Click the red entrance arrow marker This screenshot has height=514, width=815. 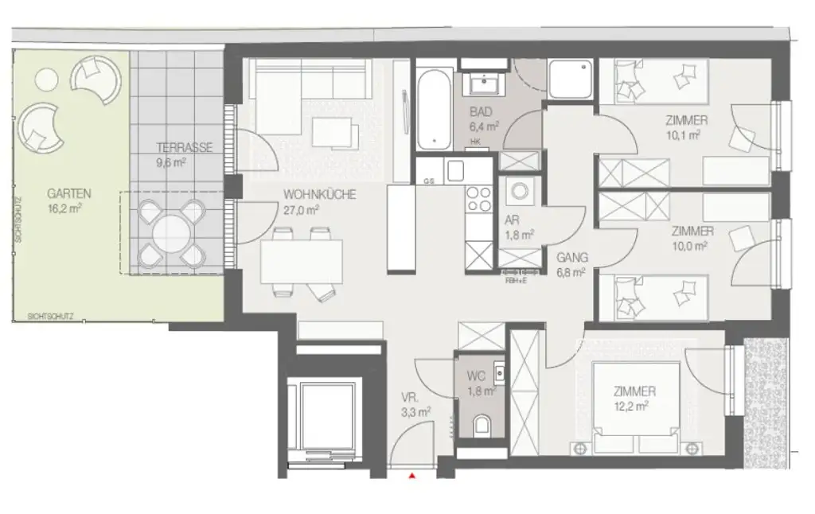point(412,476)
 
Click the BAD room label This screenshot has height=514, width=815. point(480,112)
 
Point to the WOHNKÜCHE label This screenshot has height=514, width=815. point(320,195)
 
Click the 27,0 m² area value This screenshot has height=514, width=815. point(302,210)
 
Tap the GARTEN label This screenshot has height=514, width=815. point(68,193)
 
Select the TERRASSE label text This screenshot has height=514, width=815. point(183,148)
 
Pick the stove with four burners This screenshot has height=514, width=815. point(480,198)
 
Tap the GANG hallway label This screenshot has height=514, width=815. point(572,257)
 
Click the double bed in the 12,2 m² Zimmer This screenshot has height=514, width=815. point(637,406)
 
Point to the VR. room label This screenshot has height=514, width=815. point(411,397)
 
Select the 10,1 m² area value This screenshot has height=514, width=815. point(683,135)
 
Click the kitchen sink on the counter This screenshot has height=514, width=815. point(456,170)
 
